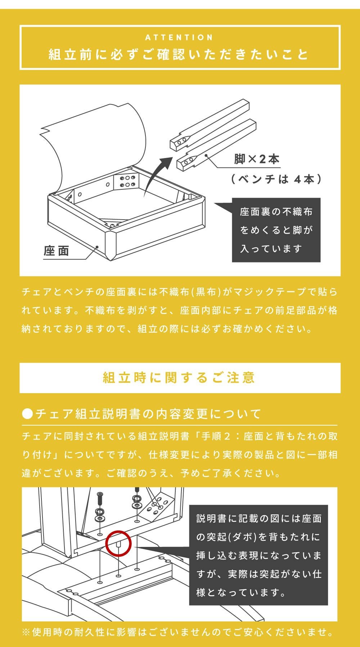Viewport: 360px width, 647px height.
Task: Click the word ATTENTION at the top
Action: [x=179, y=37]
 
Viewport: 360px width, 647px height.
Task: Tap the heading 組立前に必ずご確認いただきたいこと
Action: [x=179, y=54]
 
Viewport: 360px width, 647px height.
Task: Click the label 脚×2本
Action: [x=257, y=159]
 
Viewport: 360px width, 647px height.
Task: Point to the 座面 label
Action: [x=57, y=251]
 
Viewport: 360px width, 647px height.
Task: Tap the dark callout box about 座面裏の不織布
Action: [x=276, y=230]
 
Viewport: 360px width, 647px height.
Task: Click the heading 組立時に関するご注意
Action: [x=179, y=377]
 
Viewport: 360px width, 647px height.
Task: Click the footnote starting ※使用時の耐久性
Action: [x=178, y=632]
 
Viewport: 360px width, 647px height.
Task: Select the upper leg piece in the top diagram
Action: [x=210, y=125]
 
